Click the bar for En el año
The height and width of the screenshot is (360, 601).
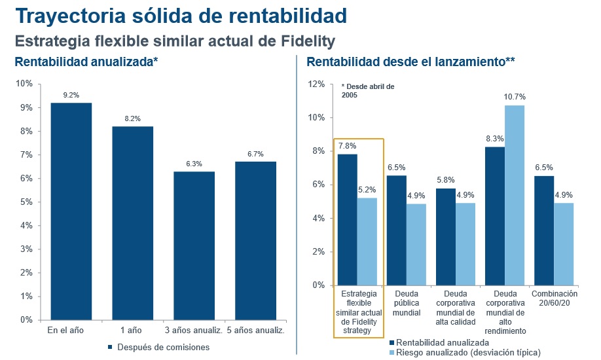click(x=71, y=211)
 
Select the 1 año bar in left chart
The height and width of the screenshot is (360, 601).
click(x=132, y=223)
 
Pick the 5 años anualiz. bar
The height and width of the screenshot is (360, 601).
click(x=255, y=241)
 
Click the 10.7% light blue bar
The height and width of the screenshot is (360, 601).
click(x=515, y=195)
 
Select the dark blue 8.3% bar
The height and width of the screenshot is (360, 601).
click(x=495, y=216)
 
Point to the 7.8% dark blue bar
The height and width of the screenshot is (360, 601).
click(x=348, y=220)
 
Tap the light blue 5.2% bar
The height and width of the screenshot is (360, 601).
click(x=367, y=242)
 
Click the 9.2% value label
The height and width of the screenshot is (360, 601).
click(x=71, y=96)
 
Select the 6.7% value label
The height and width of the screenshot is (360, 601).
click(x=255, y=154)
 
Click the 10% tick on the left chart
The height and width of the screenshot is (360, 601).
click(x=24, y=84)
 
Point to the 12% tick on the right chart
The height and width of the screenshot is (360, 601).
click(x=316, y=84)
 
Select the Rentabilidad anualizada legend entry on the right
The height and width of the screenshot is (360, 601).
click(x=446, y=342)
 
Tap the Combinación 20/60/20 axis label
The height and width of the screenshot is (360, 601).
click(x=554, y=298)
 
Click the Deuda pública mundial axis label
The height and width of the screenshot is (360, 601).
click(x=407, y=303)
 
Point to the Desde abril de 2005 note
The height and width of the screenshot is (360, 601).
click(x=367, y=90)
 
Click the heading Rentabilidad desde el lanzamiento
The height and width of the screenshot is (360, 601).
click(x=410, y=62)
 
